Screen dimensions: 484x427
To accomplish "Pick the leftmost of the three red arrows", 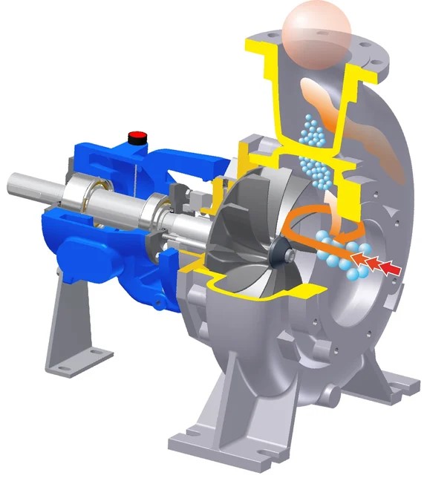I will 358,257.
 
